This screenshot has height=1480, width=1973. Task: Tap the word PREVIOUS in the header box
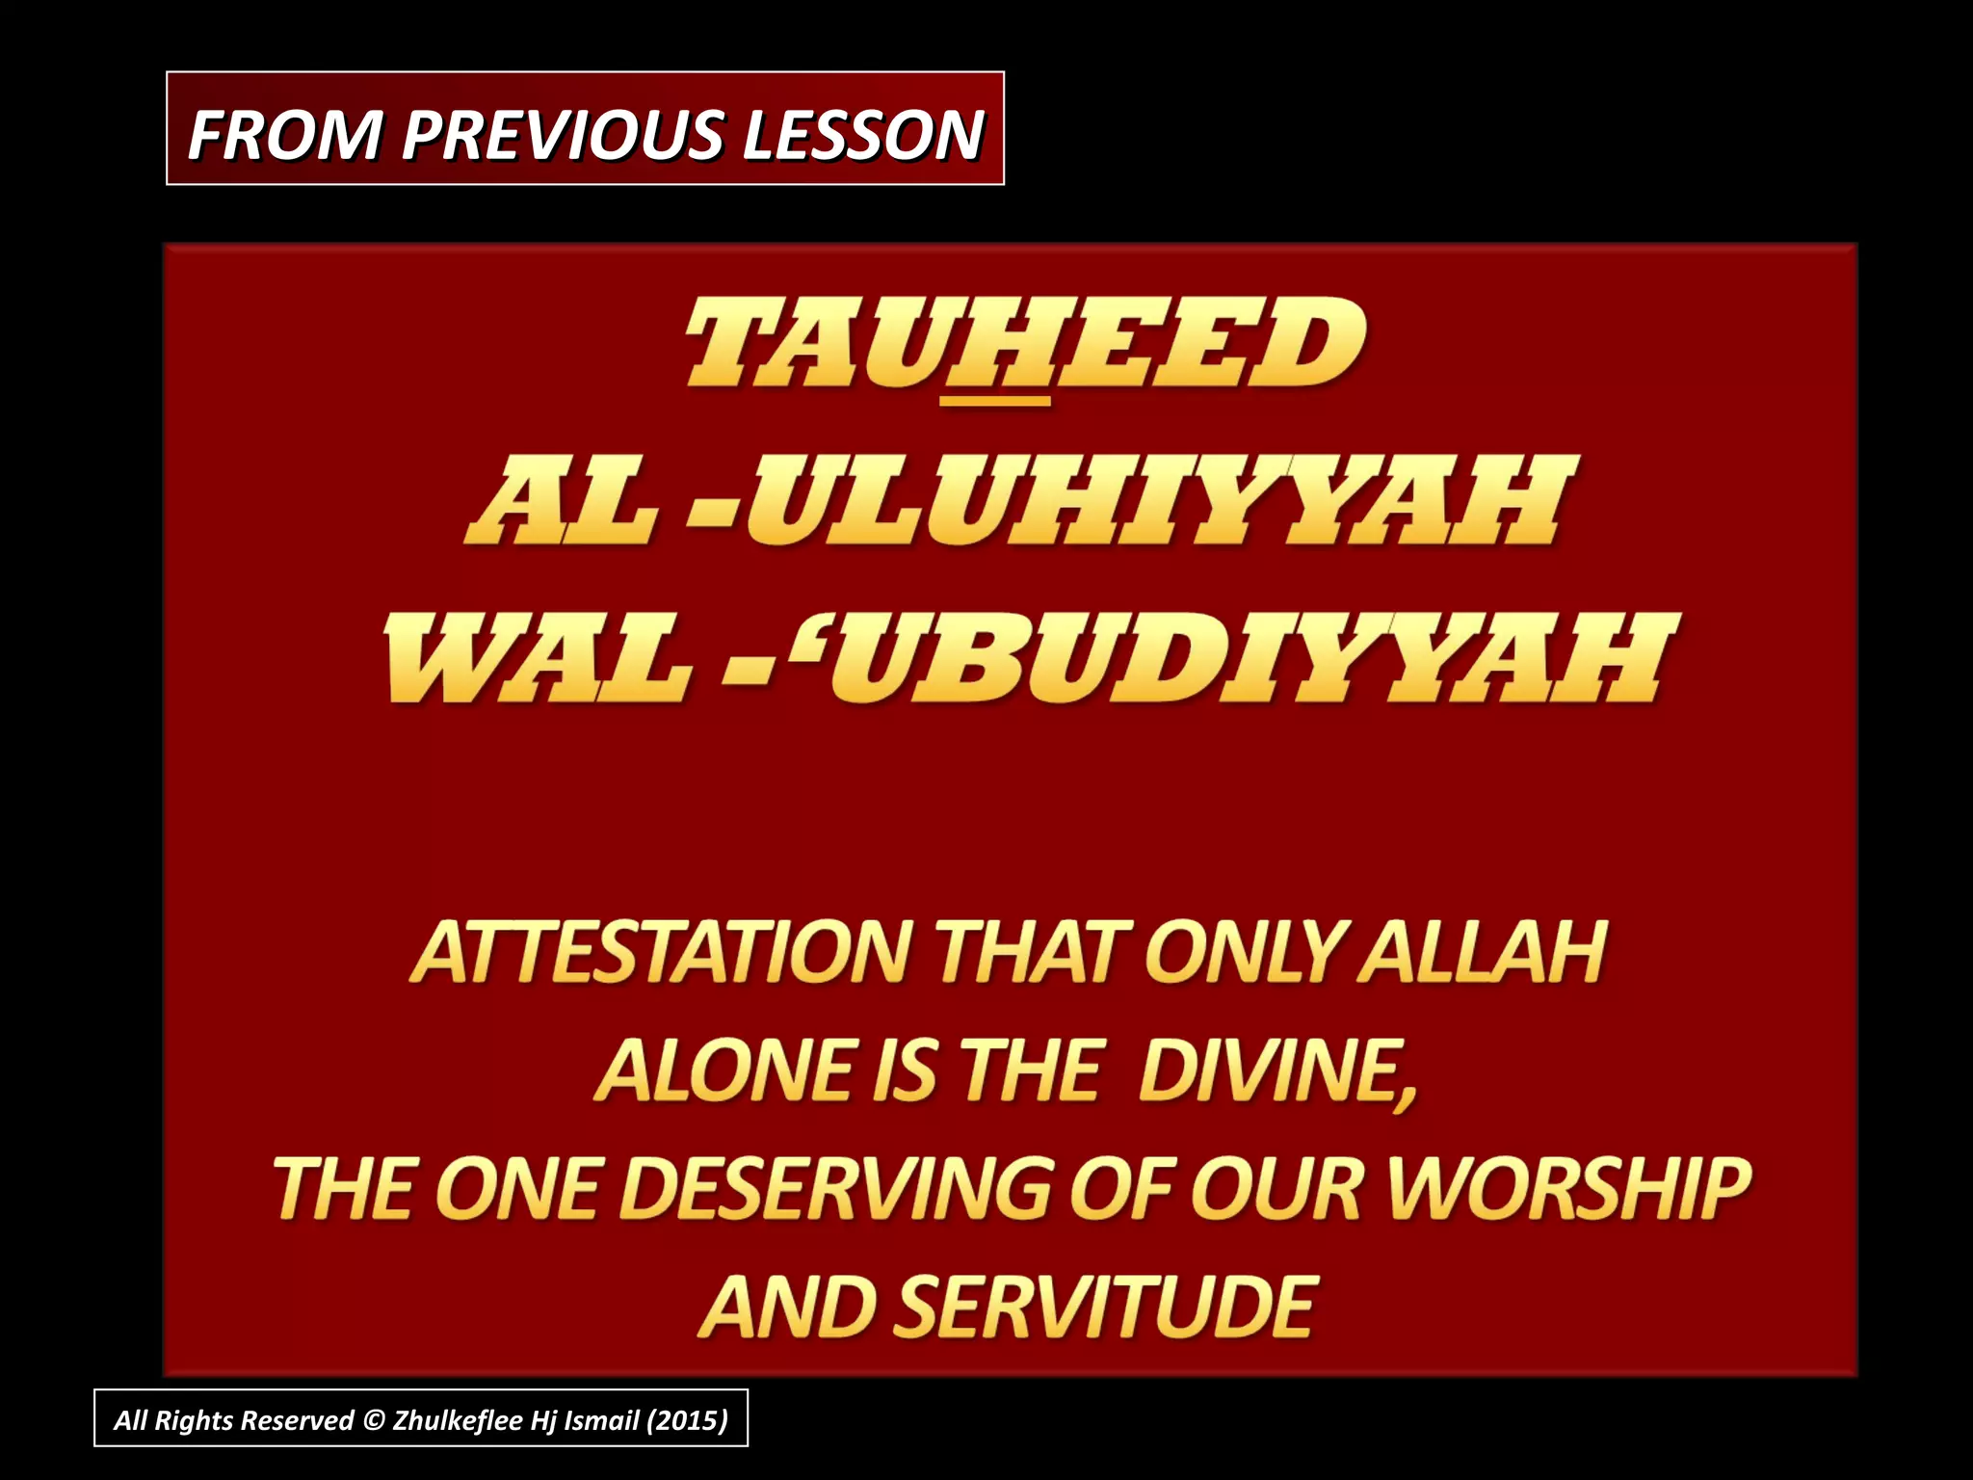click(563, 135)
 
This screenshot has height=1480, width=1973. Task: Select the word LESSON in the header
click(862, 135)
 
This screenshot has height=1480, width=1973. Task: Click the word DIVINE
click(1276, 1071)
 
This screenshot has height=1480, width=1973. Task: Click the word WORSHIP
click(1568, 1189)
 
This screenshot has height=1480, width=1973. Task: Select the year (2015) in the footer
click(687, 1420)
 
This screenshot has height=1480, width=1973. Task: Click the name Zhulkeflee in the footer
click(457, 1420)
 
